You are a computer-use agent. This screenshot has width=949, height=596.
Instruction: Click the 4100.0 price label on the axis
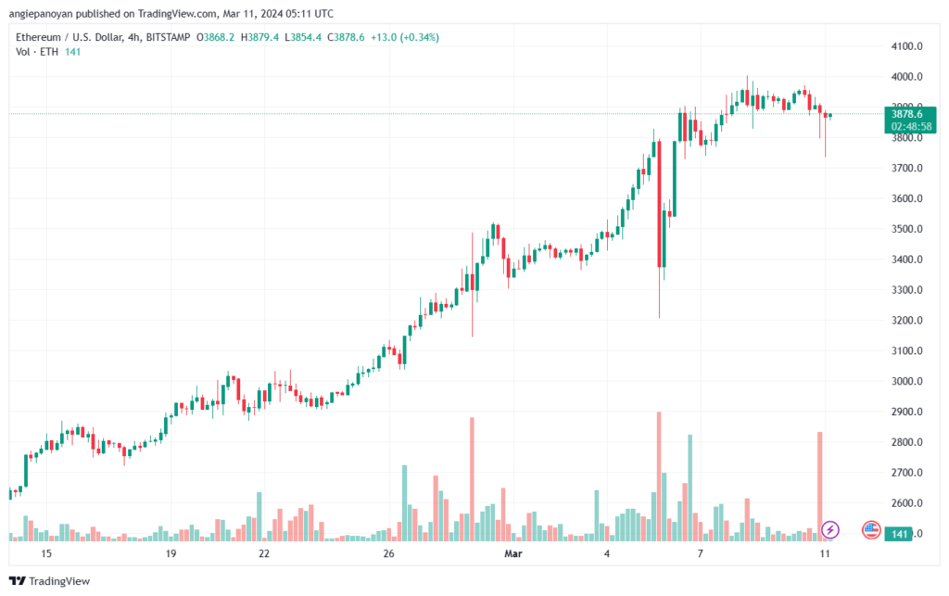[906, 46]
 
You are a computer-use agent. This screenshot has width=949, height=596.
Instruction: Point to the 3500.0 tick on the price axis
[906, 229]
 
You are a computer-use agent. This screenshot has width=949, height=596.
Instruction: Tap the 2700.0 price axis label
[906, 473]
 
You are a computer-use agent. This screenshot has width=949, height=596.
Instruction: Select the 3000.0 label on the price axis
[906, 381]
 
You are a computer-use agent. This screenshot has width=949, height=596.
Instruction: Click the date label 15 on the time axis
[46, 553]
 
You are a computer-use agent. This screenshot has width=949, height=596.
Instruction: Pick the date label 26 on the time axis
[388, 553]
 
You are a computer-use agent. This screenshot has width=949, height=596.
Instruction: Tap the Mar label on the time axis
[513, 553]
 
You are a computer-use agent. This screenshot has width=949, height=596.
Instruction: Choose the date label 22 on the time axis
[264, 553]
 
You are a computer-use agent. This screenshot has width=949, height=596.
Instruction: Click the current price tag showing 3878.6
[906, 114]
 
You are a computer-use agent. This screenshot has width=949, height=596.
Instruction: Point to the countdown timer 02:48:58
[911, 126]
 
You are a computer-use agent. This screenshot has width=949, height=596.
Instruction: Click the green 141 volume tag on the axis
[899, 534]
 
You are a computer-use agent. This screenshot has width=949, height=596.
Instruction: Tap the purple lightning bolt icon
[830, 530]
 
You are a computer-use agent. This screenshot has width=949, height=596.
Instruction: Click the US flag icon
[871, 530]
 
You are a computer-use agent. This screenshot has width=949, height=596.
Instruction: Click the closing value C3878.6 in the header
[347, 37]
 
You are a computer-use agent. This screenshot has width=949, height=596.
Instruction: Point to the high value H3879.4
[259, 37]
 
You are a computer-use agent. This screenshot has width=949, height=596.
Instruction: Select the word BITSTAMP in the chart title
[169, 37]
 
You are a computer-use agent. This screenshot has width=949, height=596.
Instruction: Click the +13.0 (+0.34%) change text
[405, 37]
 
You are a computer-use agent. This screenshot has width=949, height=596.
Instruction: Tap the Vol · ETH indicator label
[37, 52]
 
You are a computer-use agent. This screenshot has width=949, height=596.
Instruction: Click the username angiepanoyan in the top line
[41, 13]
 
